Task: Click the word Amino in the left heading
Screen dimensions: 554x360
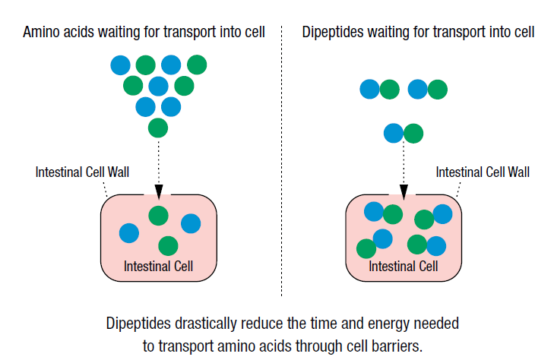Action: (41, 32)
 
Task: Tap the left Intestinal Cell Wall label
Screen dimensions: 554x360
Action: (82, 172)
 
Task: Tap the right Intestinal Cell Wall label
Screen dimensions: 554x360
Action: (483, 172)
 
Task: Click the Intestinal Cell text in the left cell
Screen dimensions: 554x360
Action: (158, 266)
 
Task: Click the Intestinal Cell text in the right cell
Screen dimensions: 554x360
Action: (404, 266)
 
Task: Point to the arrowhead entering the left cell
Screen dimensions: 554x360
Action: (159, 191)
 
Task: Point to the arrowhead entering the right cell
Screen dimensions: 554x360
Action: (404, 191)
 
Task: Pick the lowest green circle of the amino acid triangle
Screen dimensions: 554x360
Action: (158, 128)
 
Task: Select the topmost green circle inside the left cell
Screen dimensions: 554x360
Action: (158, 216)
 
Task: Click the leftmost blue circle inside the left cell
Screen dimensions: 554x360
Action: (129, 233)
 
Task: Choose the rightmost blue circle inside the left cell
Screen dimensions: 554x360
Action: (191, 223)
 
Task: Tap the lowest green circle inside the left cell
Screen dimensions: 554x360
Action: (168, 245)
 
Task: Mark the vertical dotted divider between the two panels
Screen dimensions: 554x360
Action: (282, 160)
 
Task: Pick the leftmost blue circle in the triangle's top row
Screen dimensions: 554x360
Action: (121, 65)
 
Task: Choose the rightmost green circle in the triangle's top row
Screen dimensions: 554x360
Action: (197, 65)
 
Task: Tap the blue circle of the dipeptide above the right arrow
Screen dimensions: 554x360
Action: (394, 133)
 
